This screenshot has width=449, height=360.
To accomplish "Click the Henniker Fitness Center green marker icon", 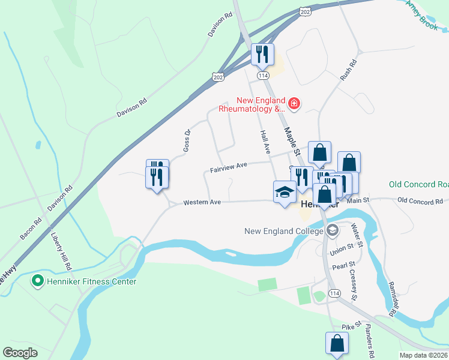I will (x=38, y=281).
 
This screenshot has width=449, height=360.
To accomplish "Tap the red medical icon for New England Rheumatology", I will (x=294, y=104).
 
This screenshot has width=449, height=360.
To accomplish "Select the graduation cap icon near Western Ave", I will (x=285, y=192).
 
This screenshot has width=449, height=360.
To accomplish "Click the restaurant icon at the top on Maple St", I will (x=262, y=55).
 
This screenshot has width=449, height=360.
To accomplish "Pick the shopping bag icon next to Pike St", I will (x=337, y=343).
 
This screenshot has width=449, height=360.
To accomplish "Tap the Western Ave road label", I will (x=202, y=202).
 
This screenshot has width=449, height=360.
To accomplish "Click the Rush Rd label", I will (x=348, y=70).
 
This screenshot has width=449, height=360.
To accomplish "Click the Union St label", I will (x=342, y=248).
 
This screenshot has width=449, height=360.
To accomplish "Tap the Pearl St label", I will (x=344, y=264).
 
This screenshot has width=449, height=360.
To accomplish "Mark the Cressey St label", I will (x=354, y=285).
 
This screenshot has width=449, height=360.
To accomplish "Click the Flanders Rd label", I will (x=368, y=342).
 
